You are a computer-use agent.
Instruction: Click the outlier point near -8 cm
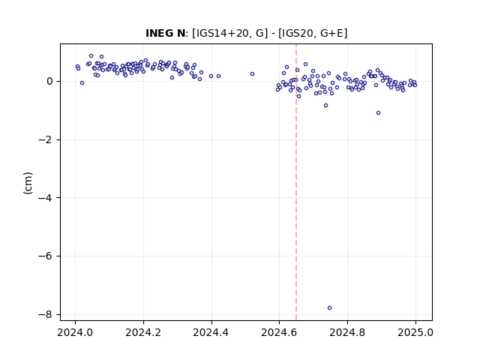point(329,308)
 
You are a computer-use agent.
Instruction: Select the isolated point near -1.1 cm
point(378,113)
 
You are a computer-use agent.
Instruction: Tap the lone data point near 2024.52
point(252,73)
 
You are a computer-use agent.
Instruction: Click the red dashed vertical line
point(296,182)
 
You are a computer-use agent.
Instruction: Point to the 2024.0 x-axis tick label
point(75,332)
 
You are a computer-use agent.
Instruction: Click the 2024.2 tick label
point(143,332)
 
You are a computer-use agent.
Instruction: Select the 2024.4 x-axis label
point(211,332)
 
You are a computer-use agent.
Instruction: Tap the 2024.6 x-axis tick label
point(279,332)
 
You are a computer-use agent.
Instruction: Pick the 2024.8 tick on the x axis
point(347,332)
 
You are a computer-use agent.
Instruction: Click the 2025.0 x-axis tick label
point(415,332)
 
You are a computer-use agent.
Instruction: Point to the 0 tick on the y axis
point(49,82)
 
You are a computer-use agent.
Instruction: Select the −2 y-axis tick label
point(45,140)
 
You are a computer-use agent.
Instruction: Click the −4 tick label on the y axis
point(45,198)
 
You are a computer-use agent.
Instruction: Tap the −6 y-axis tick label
point(45,256)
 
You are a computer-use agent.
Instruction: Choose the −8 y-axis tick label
point(45,315)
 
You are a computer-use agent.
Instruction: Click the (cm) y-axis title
point(28,183)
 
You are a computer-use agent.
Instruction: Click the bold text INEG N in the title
point(165,33)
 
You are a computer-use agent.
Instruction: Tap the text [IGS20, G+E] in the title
point(313,33)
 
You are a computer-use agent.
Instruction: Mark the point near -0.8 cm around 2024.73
point(325,105)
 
